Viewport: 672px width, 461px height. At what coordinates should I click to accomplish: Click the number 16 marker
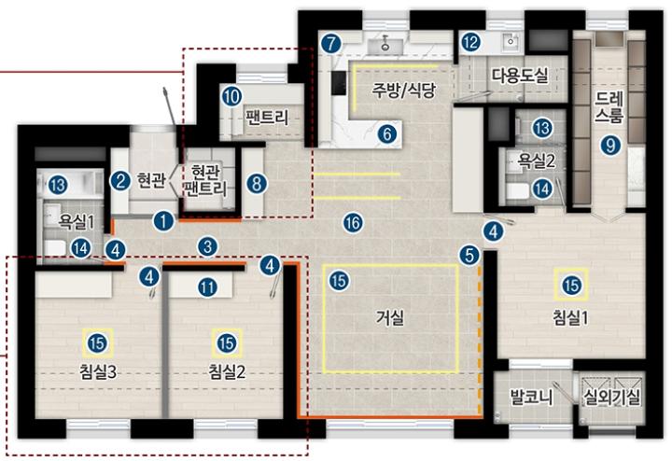click(353, 223)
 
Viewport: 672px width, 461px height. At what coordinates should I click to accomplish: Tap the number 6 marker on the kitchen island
click(387, 134)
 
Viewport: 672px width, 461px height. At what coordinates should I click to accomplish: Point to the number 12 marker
click(470, 42)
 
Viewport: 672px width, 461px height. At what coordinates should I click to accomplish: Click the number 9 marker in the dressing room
click(610, 146)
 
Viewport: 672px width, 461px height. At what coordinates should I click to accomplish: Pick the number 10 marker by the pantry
click(231, 97)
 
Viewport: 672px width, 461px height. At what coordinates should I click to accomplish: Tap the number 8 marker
click(257, 184)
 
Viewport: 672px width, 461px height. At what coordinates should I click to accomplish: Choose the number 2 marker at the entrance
click(120, 181)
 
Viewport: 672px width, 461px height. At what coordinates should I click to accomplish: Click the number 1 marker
click(163, 221)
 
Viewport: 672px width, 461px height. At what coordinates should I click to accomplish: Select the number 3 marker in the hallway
click(207, 246)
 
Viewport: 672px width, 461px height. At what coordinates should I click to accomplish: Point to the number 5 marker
click(469, 255)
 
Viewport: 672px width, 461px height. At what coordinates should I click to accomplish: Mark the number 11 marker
click(207, 287)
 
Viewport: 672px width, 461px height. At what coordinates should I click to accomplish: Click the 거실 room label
click(390, 318)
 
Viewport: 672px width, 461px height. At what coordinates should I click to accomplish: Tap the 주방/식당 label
click(403, 90)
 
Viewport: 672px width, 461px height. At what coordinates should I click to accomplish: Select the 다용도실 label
click(520, 76)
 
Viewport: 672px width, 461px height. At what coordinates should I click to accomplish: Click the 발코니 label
click(531, 398)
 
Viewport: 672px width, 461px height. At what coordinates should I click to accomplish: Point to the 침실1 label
click(570, 318)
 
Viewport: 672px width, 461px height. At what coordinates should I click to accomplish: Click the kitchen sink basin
click(385, 45)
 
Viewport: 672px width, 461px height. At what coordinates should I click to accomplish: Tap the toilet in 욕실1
click(55, 247)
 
